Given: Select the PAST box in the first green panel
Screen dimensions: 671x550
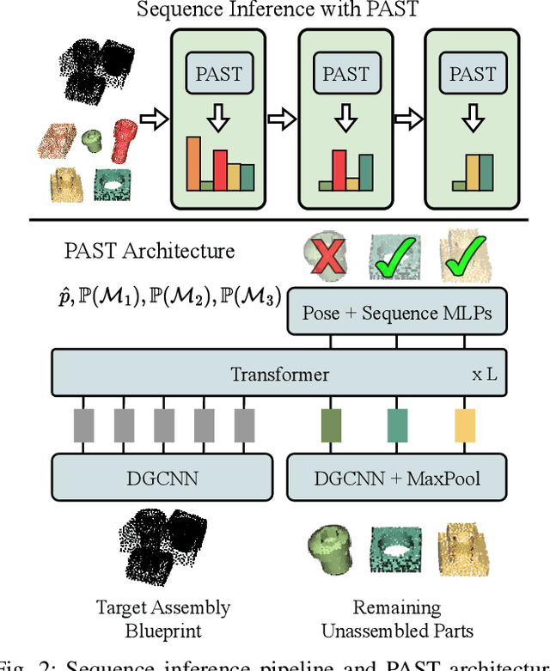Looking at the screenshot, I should coord(219,74).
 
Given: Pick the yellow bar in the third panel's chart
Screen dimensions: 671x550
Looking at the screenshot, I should coord(472,172).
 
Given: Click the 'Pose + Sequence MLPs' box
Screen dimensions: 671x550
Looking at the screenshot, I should coord(396,312).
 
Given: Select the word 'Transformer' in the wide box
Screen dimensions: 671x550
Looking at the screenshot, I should coord(279,374).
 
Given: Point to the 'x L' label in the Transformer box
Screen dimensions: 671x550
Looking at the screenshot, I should coord(484,375).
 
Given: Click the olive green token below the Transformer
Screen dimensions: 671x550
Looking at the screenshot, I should coord(331,426).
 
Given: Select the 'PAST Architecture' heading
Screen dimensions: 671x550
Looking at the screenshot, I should coord(149,251).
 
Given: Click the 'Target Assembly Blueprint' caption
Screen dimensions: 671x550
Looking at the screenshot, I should coord(163,619).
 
